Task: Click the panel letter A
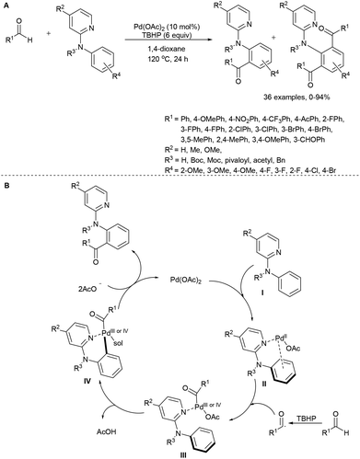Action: click(5, 6)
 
